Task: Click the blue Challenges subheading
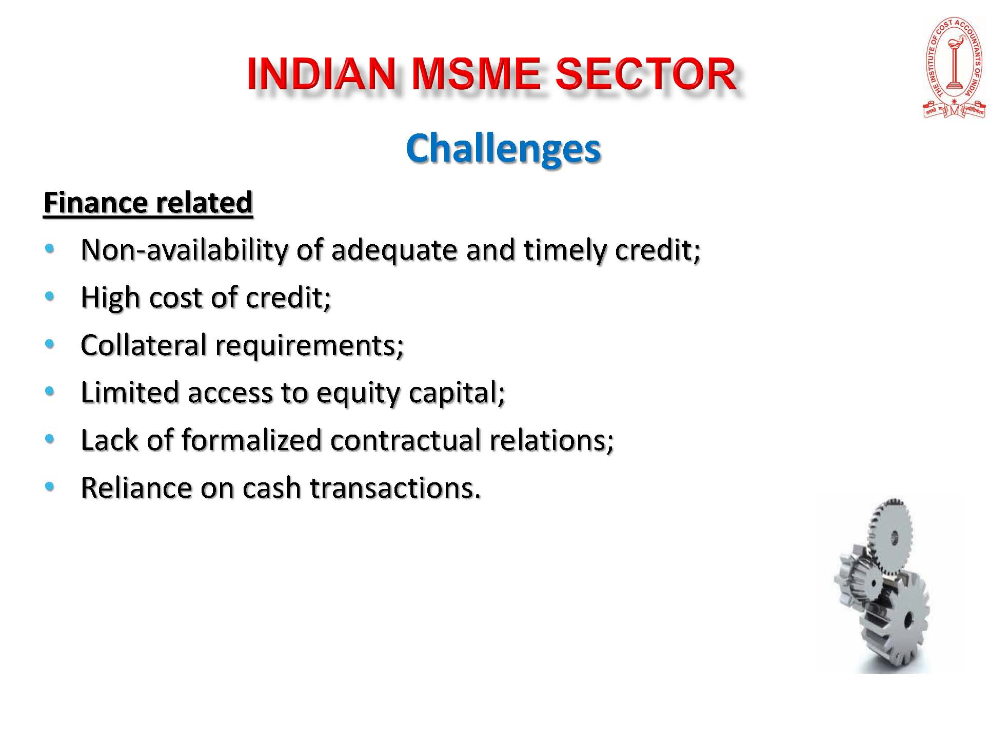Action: [503, 148]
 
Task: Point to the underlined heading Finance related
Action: [148, 203]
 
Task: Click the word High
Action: [110, 298]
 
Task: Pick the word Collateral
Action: [143, 345]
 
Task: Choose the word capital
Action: [457, 394]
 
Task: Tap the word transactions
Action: [395, 488]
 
